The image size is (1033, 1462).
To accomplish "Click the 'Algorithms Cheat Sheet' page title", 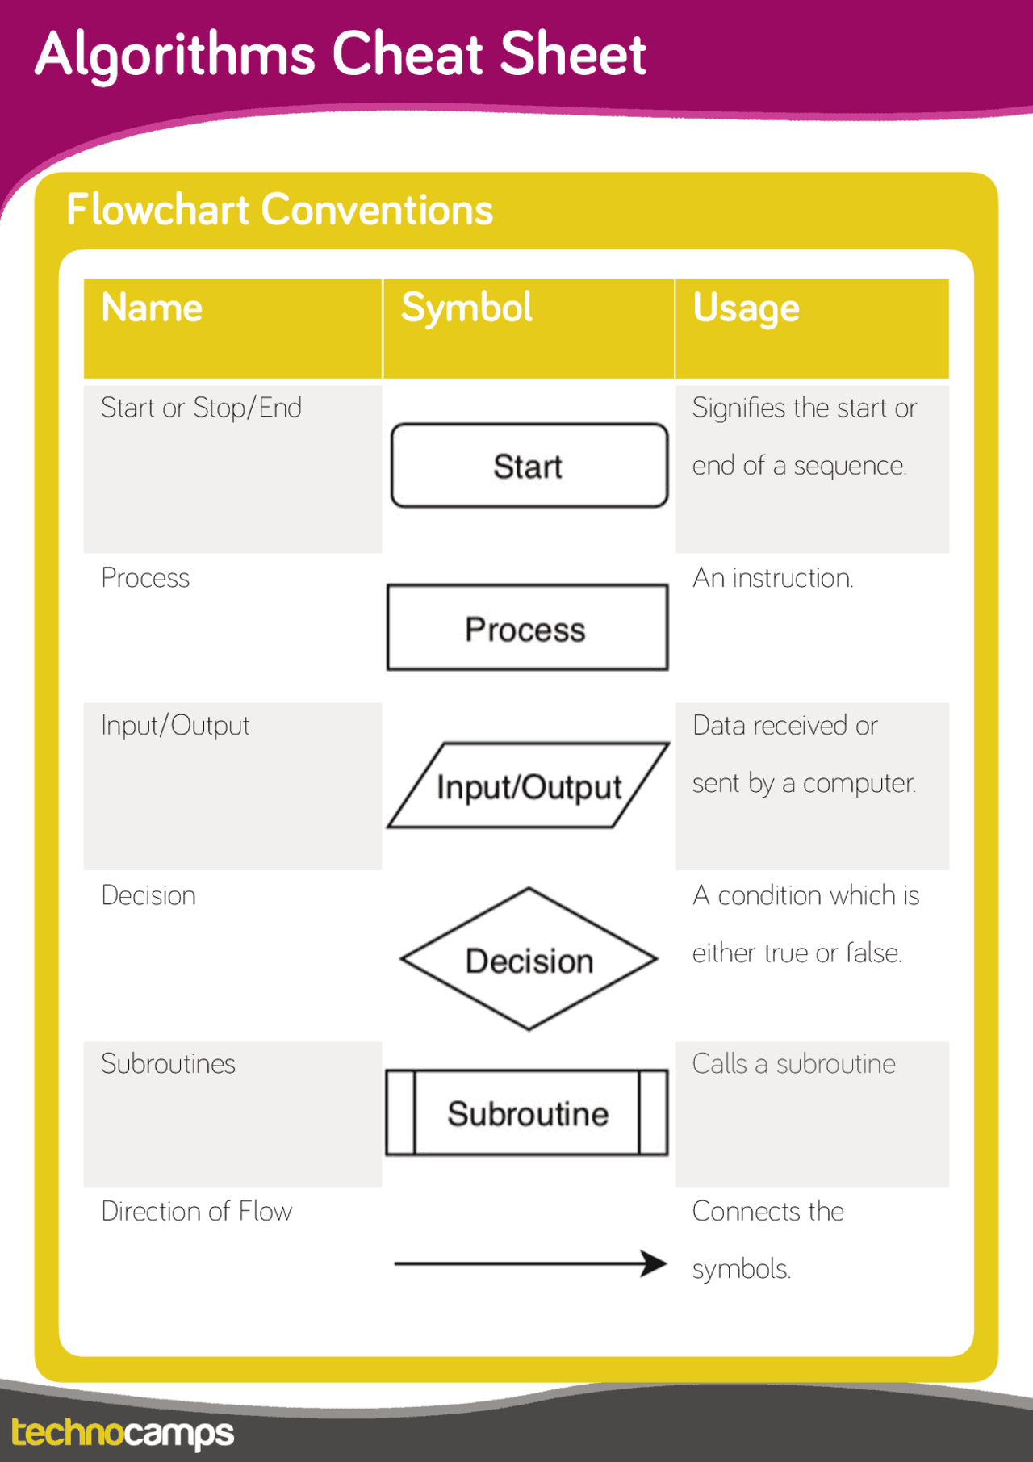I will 340,55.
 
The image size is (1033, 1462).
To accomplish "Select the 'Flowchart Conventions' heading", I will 279,210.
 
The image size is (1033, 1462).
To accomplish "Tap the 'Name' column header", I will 152,308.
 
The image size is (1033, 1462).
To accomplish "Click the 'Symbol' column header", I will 466,308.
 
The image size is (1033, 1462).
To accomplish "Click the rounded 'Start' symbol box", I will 529,466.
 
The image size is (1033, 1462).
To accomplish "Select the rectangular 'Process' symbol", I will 527,628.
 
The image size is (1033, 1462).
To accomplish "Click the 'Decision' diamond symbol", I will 529,960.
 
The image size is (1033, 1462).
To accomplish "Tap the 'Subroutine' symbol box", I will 527,1113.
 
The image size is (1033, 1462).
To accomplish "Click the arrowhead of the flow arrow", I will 655,1263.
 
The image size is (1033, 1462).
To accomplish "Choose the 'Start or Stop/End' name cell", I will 201,408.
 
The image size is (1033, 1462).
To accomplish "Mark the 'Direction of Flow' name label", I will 196,1212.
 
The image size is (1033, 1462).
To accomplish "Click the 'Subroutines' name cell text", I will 168,1064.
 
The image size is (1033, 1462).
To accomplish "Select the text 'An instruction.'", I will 772,578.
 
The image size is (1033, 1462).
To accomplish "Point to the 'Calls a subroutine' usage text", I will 793,1064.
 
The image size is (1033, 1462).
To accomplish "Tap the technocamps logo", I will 123,1433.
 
